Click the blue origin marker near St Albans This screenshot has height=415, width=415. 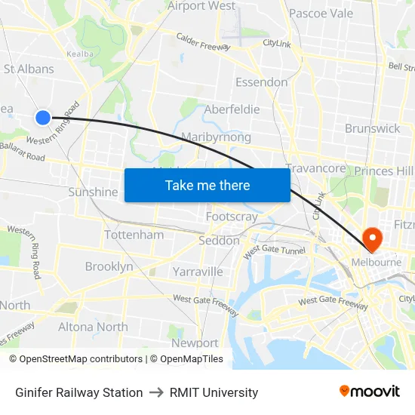(x=43, y=117)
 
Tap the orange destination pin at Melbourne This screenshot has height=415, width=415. (x=372, y=239)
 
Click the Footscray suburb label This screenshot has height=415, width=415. (x=232, y=217)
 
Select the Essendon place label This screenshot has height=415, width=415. (x=261, y=82)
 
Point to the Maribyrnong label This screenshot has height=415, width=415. (x=216, y=137)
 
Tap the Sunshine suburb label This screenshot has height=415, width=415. (x=94, y=192)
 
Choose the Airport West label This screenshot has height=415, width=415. (x=201, y=6)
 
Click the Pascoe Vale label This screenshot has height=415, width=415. (x=321, y=14)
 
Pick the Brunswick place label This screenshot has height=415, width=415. (x=372, y=128)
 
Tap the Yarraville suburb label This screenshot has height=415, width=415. (x=198, y=272)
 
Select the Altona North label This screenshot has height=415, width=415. (x=93, y=327)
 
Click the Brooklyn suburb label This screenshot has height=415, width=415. (x=109, y=266)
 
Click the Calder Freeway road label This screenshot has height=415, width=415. (x=202, y=41)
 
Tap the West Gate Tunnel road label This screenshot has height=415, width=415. (x=274, y=248)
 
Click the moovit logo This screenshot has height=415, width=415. (x=369, y=392)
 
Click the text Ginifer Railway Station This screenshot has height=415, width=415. (x=79, y=392)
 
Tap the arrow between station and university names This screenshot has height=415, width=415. (x=156, y=392)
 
